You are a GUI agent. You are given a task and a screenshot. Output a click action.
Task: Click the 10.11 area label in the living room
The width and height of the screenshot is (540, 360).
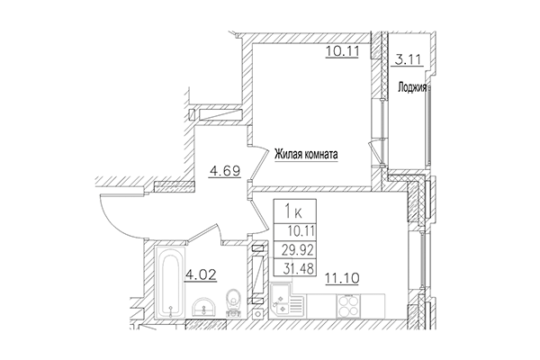pos(342,51)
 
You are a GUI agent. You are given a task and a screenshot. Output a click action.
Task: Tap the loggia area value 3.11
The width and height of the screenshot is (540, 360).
pos(408,60)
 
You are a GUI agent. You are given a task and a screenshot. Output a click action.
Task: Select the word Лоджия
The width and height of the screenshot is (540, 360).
pos(412,87)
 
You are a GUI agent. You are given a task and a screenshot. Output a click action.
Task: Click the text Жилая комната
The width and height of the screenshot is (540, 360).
pos(306,155)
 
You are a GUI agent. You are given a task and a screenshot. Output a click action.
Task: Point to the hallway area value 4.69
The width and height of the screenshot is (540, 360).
pos(224,171)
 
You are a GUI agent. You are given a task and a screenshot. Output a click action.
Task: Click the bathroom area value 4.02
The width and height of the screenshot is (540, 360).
pos(201,274)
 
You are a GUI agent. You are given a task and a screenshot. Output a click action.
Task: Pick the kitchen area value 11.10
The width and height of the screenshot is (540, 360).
pos(342,277)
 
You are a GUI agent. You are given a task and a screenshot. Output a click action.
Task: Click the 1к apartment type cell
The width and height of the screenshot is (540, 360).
pos(295,211)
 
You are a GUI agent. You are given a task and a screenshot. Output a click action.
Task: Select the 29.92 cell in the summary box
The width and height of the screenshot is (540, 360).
pos(298,250)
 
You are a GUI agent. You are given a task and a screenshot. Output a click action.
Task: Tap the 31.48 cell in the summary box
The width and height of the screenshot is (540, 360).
pos(299,269)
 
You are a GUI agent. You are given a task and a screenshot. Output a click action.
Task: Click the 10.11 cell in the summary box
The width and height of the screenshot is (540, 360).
pos(301,231)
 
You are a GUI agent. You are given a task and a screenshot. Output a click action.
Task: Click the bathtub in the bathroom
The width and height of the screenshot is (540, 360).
pos(170,282)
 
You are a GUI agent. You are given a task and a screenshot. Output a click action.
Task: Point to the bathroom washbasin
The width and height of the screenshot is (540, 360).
pos(204,307)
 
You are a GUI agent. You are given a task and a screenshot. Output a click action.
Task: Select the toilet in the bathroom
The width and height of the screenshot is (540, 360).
pos(235,302)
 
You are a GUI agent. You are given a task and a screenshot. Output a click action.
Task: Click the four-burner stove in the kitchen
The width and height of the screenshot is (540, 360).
pos(348,306)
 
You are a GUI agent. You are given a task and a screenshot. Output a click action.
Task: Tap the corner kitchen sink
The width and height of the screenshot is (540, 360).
pos(283,300)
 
